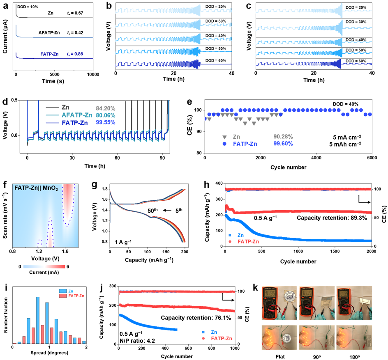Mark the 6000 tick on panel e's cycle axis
coord(372,158)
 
